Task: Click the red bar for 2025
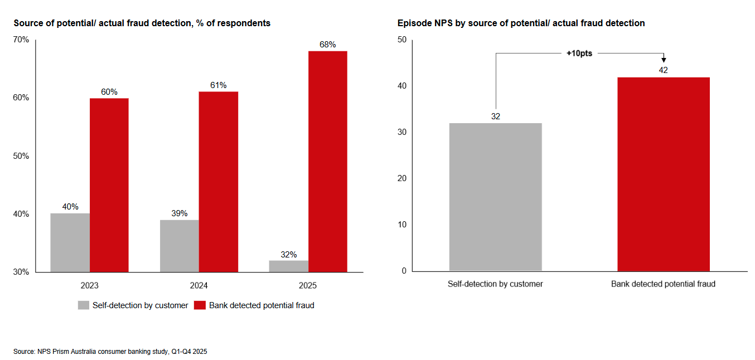[x=327, y=162]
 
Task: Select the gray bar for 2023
[x=70, y=242]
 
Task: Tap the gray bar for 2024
[x=180, y=246]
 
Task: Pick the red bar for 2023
[x=109, y=185]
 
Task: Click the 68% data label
[x=327, y=45]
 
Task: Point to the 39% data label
[x=180, y=213]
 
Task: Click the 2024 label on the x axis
[x=199, y=285]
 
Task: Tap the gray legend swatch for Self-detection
[x=84, y=305]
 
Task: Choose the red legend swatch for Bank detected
[x=200, y=305]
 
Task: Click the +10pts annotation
[x=579, y=53]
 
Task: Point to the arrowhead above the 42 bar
[x=664, y=60]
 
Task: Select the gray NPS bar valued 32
[x=495, y=197]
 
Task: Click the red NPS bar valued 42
[x=663, y=174]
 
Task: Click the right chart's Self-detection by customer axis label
[x=495, y=284]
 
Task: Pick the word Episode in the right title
[x=412, y=23]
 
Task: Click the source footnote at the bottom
[x=110, y=352]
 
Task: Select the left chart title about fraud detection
[x=142, y=23]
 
